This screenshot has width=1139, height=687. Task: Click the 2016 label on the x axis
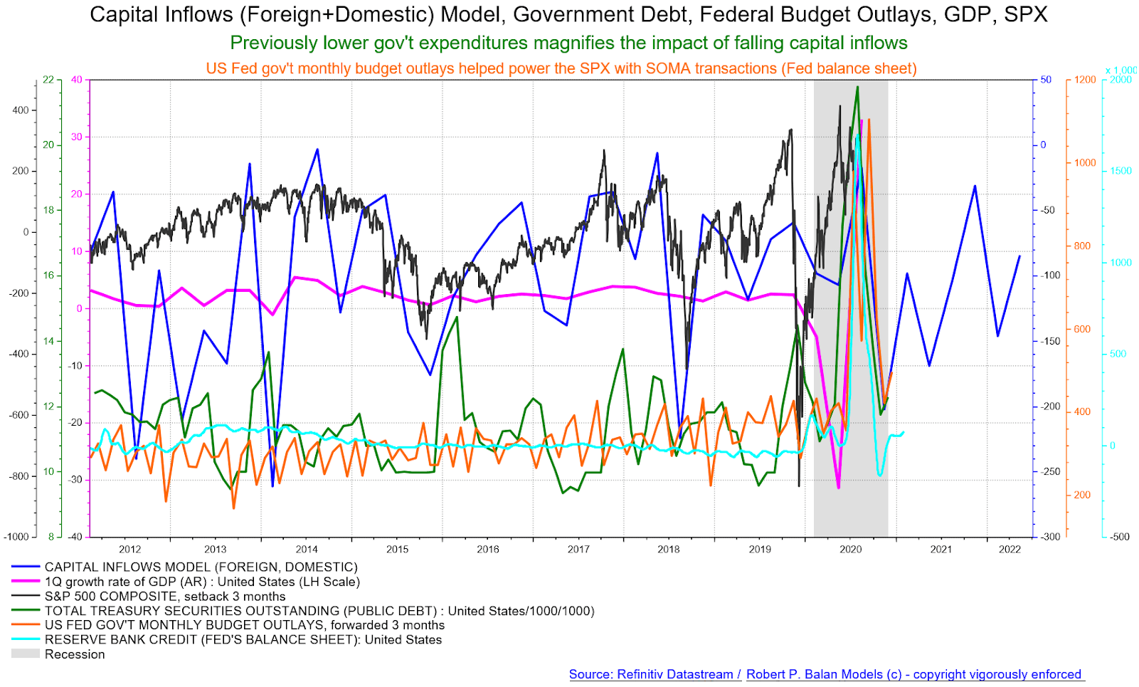pos(488,549)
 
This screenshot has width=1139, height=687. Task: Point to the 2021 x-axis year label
pos(941,549)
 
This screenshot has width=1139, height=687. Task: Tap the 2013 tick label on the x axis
pos(216,549)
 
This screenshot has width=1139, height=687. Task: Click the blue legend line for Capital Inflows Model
pos(25,567)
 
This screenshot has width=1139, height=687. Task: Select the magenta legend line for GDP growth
pos(25,582)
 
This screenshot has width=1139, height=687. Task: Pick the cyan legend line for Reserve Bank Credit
pos(25,639)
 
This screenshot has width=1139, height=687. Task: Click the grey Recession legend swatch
pos(25,654)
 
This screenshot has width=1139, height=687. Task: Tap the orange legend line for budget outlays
pos(25,625)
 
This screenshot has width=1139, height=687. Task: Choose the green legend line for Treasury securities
pos(25,611)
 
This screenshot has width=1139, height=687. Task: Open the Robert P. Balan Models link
pos(913,674)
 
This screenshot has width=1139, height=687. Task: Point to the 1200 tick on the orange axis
pos(1085,80)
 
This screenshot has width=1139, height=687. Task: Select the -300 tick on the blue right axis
pos(1051,537)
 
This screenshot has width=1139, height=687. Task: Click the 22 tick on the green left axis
pos(48,80)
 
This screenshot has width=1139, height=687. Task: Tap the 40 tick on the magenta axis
pos(76,80)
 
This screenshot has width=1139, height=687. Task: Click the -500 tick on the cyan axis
pos(1120,537)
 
